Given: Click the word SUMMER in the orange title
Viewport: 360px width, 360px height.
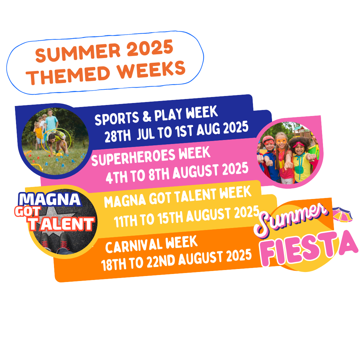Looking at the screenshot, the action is coord(78,52).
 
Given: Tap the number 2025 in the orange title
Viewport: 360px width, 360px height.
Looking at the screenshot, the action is coord(150,47).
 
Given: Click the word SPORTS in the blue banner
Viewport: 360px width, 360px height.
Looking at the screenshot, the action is coord(117,118).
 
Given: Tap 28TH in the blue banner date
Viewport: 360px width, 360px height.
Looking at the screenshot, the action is coord(118,135).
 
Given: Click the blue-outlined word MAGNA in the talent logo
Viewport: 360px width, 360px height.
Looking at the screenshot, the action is coord(50,199).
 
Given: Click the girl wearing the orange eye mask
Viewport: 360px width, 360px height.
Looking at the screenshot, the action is coord(283,158).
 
